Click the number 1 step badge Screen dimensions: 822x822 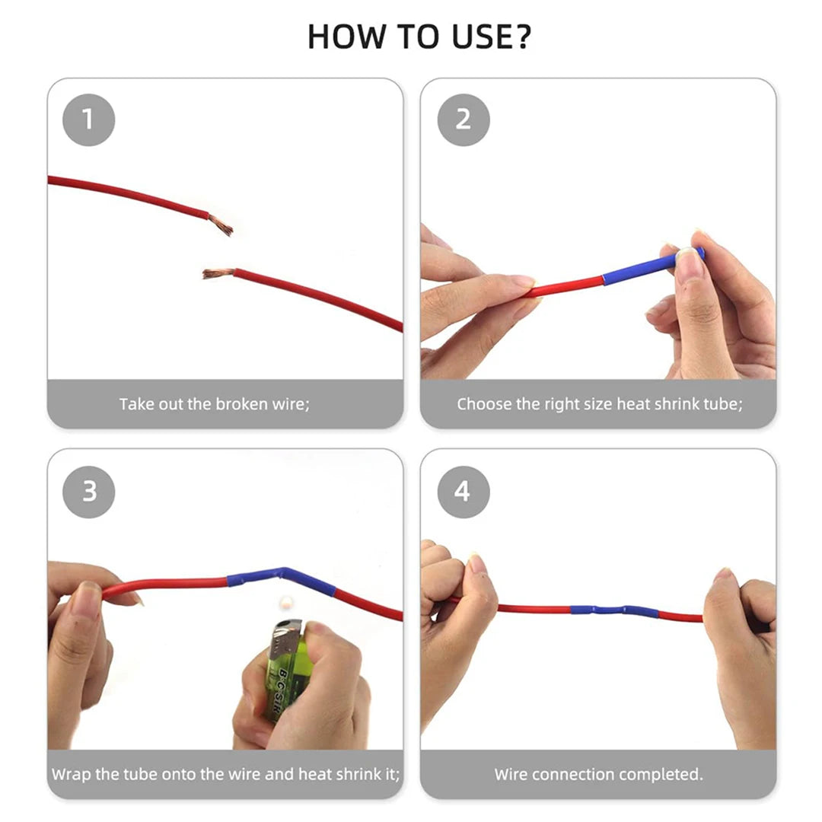click(88, 119)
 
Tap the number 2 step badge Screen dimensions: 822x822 click(464, 119)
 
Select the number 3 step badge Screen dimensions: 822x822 click(88, 492)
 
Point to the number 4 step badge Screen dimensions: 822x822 click(464, 492)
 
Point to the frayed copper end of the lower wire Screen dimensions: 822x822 click(218, 273)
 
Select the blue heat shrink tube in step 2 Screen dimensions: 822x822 click(653, 267)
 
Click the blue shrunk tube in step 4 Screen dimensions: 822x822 click(614, 610)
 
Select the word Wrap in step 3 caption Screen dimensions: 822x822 click(72, 774)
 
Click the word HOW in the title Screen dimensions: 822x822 click(346, 37)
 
